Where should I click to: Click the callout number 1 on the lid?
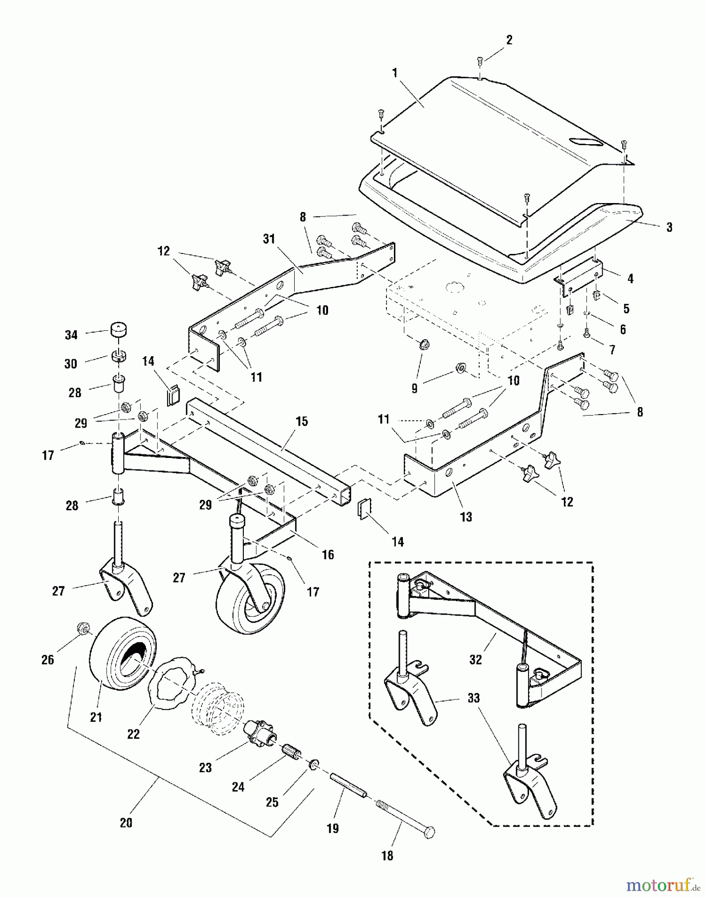coord(395,73)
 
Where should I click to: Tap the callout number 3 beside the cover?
coord(669,227)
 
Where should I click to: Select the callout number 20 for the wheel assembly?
coord(126,822)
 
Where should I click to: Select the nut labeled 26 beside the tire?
coord(82,629)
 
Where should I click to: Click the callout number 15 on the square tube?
coord(302,422)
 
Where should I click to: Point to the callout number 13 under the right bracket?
coord(466,517)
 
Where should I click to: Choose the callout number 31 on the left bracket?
coord(269,239)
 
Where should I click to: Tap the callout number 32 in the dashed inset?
coord(476,660)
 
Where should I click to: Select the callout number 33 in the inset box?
coord(473,698)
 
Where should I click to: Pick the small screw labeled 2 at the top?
coord(479,61)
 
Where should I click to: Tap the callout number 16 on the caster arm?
coord(328,554)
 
